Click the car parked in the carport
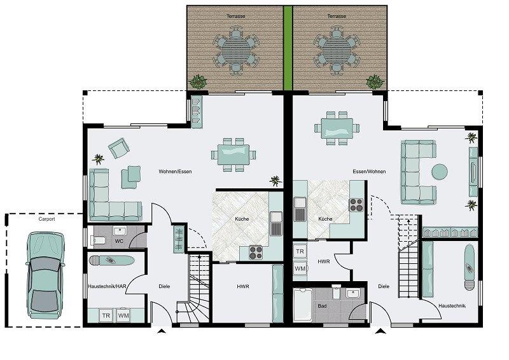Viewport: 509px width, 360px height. [45, 275]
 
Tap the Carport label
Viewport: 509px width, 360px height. [46, 219]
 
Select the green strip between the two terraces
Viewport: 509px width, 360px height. [288, 48]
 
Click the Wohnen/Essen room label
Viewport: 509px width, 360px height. [175, 171]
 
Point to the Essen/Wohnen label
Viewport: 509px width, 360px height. [369, 171]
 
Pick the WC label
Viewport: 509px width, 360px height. [119, 241]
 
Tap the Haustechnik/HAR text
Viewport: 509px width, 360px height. [107, 286]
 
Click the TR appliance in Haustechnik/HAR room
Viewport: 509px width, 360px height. [106, 315]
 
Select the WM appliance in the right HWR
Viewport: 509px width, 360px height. [300, 269]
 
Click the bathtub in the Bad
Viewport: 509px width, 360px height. [303, 305]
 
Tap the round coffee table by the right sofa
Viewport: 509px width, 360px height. [440, 171]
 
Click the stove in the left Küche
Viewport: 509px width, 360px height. [256, 253]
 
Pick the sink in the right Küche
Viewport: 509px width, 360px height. [300, 209]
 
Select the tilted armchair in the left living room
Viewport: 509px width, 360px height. [119, 148]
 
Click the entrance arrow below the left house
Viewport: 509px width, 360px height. [161, 331]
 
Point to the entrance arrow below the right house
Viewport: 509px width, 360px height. [380, 331]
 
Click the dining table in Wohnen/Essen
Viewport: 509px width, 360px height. [234, 155]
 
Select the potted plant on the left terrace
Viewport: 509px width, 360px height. [198, 81]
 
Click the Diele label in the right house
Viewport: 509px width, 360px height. [384, 286]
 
